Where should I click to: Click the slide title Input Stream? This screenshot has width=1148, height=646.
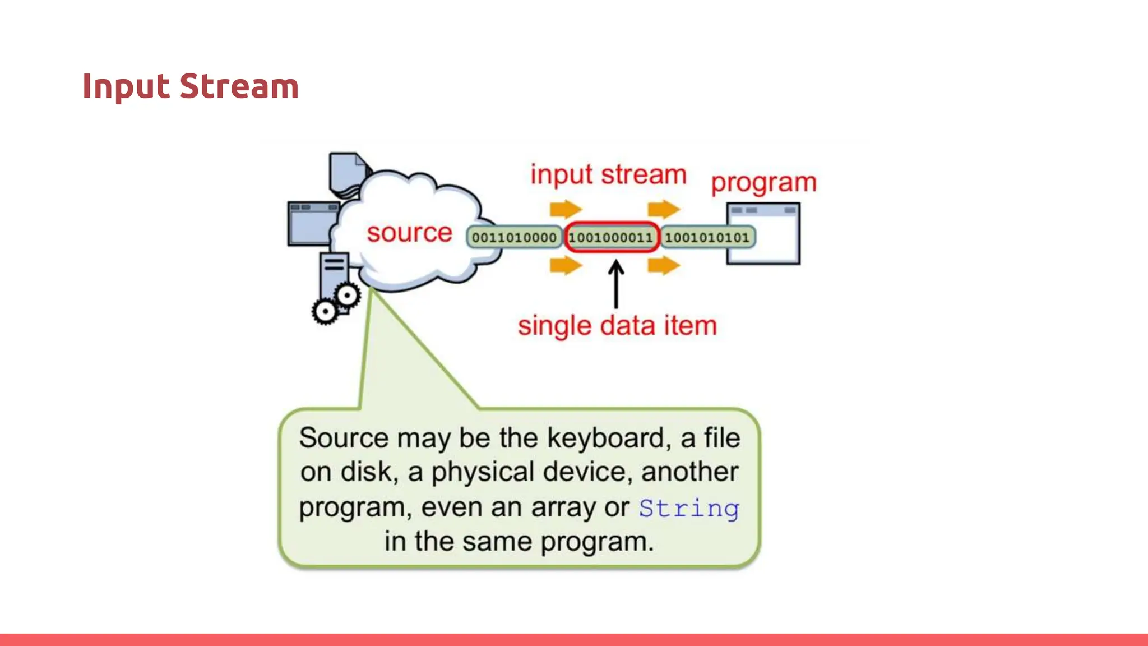[x=191, y=87]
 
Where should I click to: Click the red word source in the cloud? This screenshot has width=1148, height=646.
[x=409, y=233]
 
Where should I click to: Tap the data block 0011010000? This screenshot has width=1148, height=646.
[x=514, y=237]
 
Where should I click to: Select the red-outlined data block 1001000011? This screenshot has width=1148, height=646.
[x=611, y=237]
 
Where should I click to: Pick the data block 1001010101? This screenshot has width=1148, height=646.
[x=707, y=237]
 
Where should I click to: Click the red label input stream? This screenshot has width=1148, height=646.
[x=608, y=174]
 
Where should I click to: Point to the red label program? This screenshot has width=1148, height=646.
[x=763, y=183]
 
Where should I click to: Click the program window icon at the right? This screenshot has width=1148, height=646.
[x=763, y=234]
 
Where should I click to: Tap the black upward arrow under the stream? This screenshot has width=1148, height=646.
[x=616, y=284]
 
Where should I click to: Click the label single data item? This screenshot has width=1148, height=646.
[x=617, y=326]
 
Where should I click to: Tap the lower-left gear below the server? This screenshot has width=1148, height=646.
[x=325, y=312]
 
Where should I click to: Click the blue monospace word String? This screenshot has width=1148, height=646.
[x=689, y=509]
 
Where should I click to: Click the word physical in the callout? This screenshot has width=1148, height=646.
[x=482, y=472]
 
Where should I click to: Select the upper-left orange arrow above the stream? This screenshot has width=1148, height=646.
[x=566, y=209]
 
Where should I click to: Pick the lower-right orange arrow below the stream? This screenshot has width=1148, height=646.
[x=663, y=265]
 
